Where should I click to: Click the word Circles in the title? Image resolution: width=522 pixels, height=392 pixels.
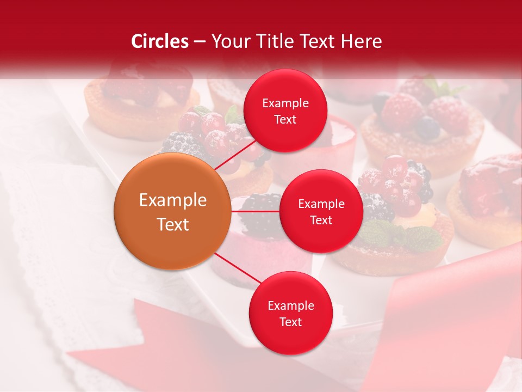(x=160, y=41)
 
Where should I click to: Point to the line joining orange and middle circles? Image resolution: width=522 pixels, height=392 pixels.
(x=255, y=211)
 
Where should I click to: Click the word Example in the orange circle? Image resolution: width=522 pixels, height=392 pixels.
(x=173, y=200)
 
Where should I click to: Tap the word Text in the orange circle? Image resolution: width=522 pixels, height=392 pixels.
(x=173, y=224)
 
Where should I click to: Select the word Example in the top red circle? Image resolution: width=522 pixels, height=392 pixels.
(x=285, y=103)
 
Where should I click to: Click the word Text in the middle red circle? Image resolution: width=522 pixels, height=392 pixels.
(x=321, y=220)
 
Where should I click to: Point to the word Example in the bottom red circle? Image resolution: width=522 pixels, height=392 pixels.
(x=291, y=306)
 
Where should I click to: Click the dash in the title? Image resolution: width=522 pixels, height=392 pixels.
(x=200, y=42)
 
